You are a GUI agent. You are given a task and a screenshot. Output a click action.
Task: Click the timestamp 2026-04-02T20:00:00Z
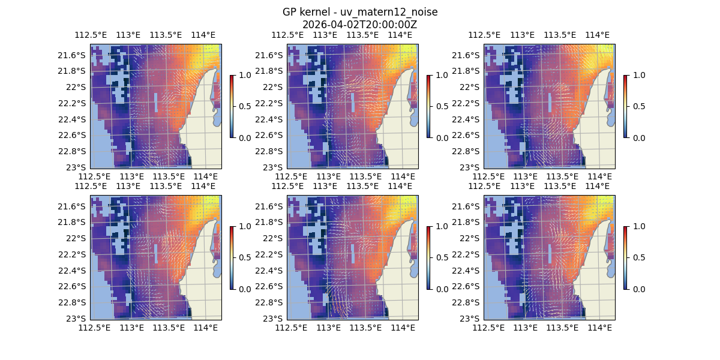(x=359, y=25)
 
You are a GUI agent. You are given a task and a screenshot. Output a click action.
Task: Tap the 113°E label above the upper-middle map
(x=325, y=35)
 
